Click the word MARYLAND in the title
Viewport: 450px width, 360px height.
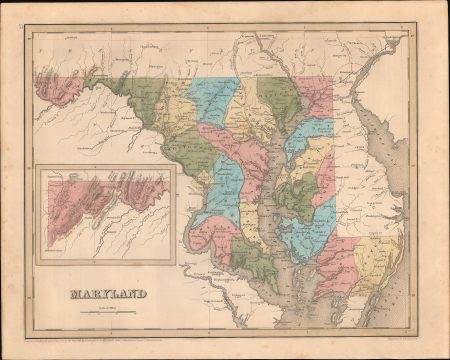tap(107, 293)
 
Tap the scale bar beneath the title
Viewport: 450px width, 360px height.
tap(107, 312)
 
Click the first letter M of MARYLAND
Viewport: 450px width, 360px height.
tap(73, 293)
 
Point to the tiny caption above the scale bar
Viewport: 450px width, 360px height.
tap(107, 306)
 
